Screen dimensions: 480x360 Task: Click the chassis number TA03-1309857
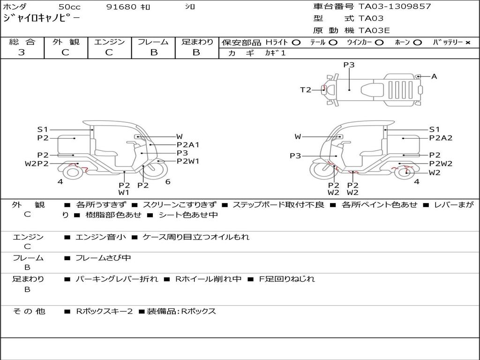(x=395, y=7)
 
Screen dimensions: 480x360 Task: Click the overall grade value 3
(x=22, y=52)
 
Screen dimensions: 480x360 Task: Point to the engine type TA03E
(x=374, y=30)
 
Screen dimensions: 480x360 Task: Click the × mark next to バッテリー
(x=468, y=43)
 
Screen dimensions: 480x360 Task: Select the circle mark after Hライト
(x=296, y=43)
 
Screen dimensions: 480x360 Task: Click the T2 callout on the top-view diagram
(x=305, y=90)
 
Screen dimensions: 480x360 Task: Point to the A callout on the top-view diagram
(x=434, y=76)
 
